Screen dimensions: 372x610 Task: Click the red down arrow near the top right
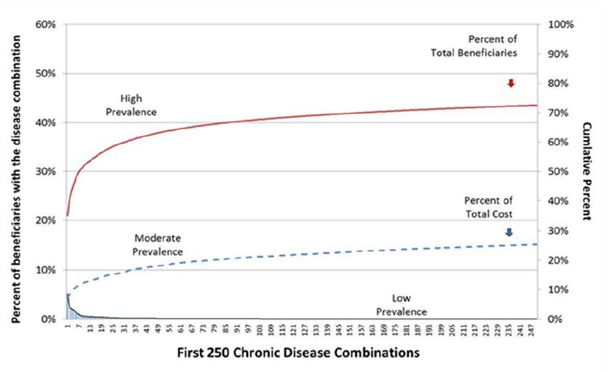click(x=511, y=83)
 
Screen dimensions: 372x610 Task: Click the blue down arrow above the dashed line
click(x=509, y=232)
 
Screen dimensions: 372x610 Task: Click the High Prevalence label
click(x=131, y=105)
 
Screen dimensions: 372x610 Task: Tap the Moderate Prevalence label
click(x=157, y=244)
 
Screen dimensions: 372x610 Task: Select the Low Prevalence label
click(x=402, y=305)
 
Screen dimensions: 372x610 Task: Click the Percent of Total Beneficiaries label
click(x=492, y=45)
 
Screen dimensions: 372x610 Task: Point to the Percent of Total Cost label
click(x=493, y=206)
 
